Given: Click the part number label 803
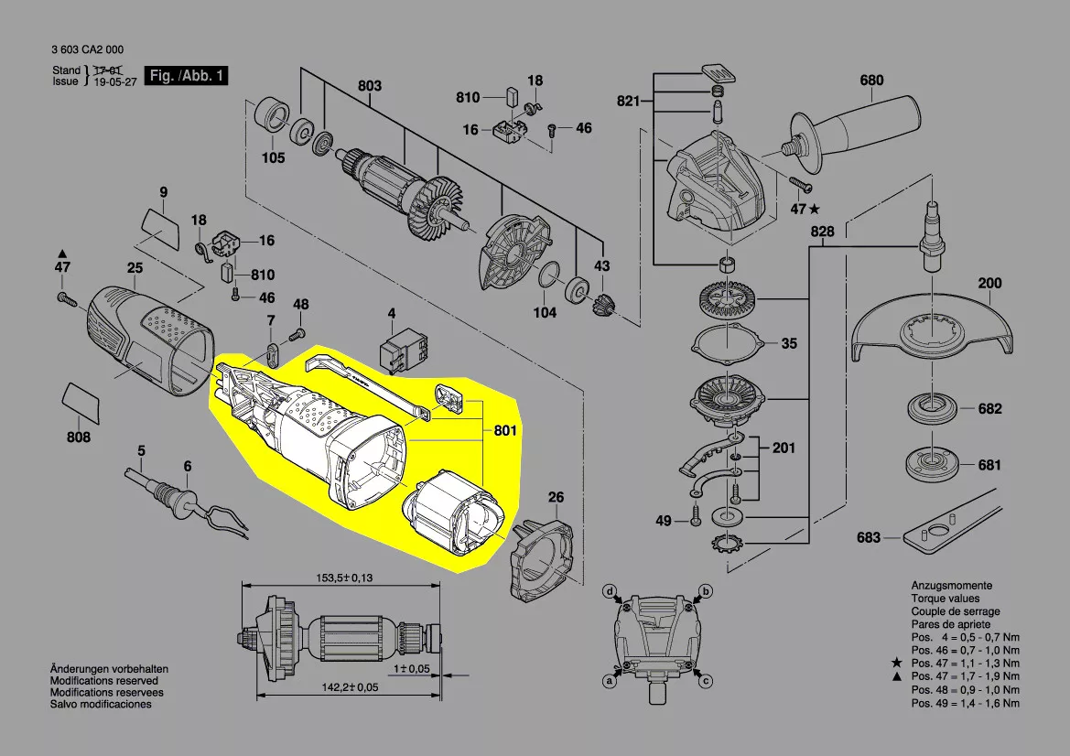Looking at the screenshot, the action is coord(370,86).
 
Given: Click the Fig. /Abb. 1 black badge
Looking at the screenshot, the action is coord(187,76).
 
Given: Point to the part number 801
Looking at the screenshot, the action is coord(505,430).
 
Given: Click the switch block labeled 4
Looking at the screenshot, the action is coord(404,351).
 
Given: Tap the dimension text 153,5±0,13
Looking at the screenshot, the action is coord(344,578).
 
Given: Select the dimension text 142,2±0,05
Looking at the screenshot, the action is coord(350,687).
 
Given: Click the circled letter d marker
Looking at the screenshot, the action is coord(611,591).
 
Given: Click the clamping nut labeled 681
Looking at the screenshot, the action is coord(932,465).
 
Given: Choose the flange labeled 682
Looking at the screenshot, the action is coord(932,409).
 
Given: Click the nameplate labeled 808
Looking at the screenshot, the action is coord(81,403).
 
